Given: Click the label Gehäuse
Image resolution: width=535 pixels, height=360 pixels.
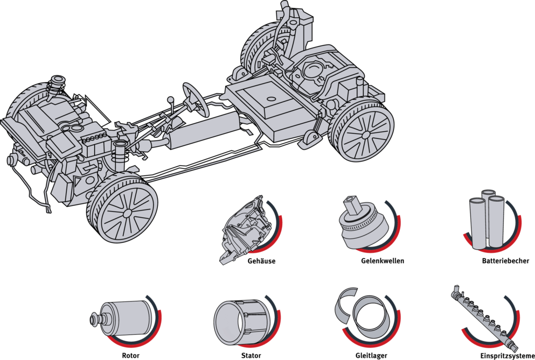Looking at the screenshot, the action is tap(261, 261).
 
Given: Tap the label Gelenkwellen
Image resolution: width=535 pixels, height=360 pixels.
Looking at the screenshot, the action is tap(382, 261).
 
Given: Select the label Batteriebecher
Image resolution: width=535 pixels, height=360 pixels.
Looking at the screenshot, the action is tap(506, 261).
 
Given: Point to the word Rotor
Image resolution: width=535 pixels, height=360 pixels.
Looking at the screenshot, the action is tap(131, 356).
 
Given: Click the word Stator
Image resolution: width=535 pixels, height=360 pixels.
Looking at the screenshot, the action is tap(251, 356).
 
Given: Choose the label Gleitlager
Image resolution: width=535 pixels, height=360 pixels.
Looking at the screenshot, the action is tap(371, 356).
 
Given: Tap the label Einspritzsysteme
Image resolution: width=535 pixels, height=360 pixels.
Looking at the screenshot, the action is tap(507, 356).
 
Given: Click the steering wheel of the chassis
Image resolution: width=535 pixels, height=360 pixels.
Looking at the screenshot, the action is tap(195, 100).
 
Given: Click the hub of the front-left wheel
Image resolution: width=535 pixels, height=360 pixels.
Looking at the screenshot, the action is tap(127, 214).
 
